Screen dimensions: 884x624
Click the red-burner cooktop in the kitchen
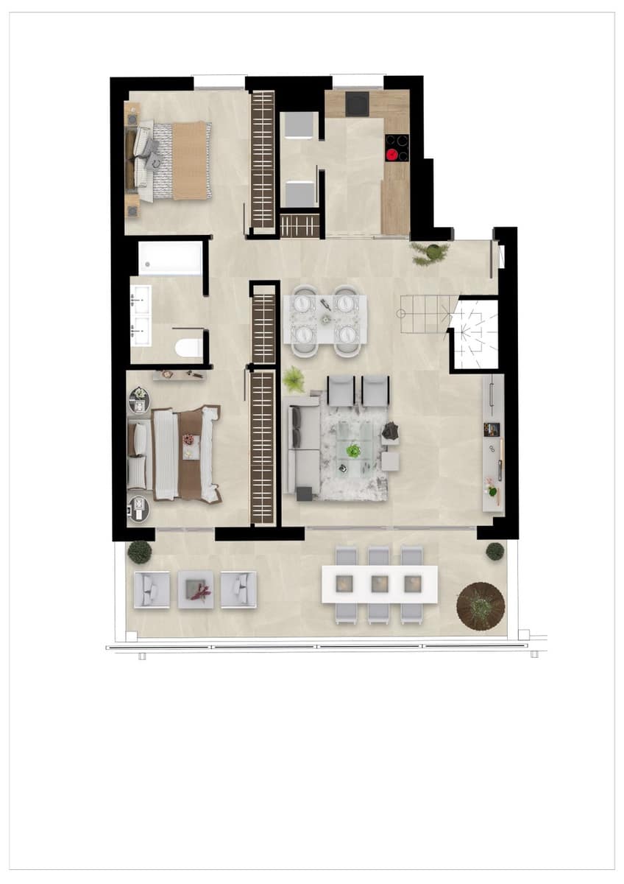point(397,147)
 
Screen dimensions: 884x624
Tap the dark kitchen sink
point(358,104)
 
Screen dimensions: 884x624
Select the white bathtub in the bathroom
point(170,258)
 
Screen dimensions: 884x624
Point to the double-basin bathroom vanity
point(140,315)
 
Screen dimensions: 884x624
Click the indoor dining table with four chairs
point(325,319)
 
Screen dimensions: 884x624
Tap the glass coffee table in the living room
point(354,450)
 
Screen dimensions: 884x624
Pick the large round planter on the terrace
point(481,606)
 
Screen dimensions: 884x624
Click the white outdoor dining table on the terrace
point(379,583)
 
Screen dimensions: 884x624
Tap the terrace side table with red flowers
point(196,589)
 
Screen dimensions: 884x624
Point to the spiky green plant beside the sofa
point(294,380)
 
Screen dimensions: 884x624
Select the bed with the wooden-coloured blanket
point(173,161)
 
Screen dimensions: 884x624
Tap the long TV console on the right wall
point(493,442)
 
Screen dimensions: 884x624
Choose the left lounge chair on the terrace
point(152,589)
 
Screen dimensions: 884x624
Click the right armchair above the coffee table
point(375,390)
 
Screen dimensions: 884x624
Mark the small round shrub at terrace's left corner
point(139,551)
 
